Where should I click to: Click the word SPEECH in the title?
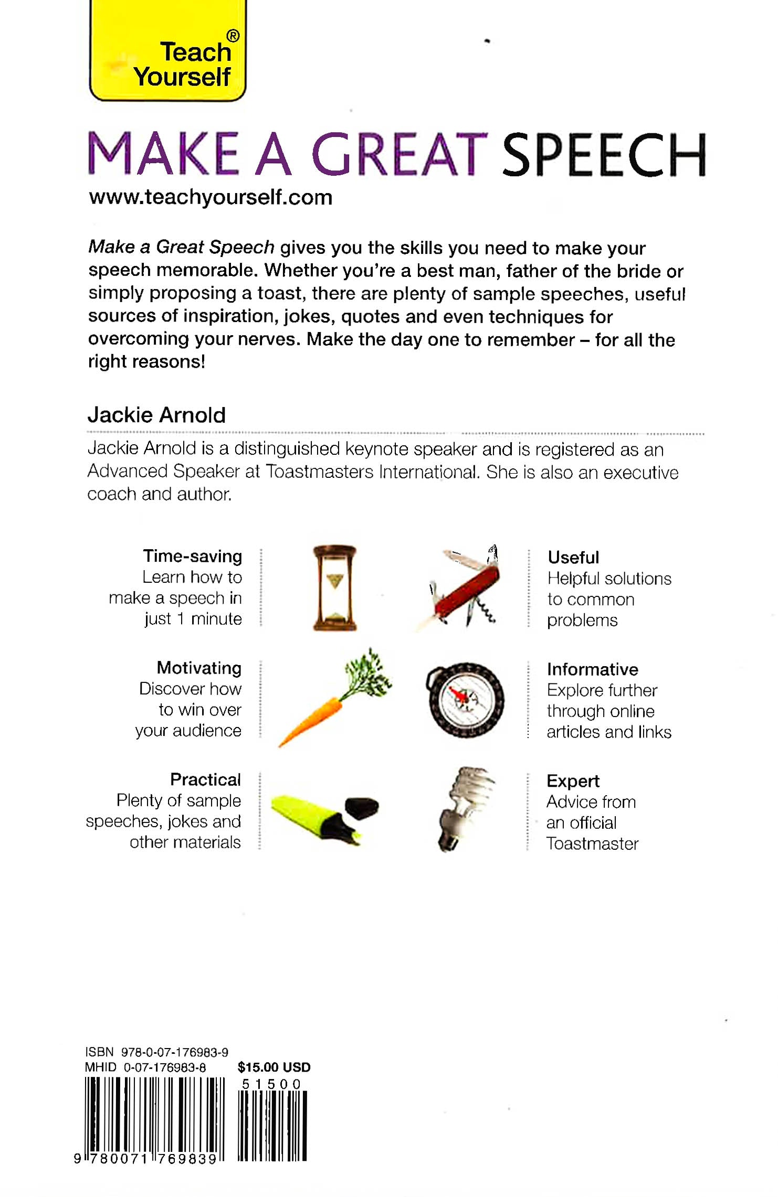pyautogui.click(x=604, y=155)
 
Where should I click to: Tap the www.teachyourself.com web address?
pyautogui.click(x=211, y=198)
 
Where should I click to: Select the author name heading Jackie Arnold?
pyautogui.click(x=156, y=415)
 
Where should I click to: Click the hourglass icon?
pyautogui.click(x=334, y=587)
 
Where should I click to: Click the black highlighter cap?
pyautogui.click(x=362, y=807)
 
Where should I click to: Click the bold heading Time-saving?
pyautogui.click(x=193, y=556)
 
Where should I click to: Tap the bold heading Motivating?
pyautogui.click(x=199, y=668)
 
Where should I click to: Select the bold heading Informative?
pyautogui.click(x=592, y=669)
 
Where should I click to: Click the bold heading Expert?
pyautogui.click(x=573, y=781)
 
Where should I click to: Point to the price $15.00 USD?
pyautogui.click(x=274, y=1067)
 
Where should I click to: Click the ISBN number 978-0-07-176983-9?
pyautogui.click(x=174, y=1052)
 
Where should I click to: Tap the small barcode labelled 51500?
pyautogui.click(x=272, y=1125)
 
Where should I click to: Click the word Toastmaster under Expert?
pyautogui.click(x=592, y=843)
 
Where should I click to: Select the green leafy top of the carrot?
pyautogui.click(x=367, y=674)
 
